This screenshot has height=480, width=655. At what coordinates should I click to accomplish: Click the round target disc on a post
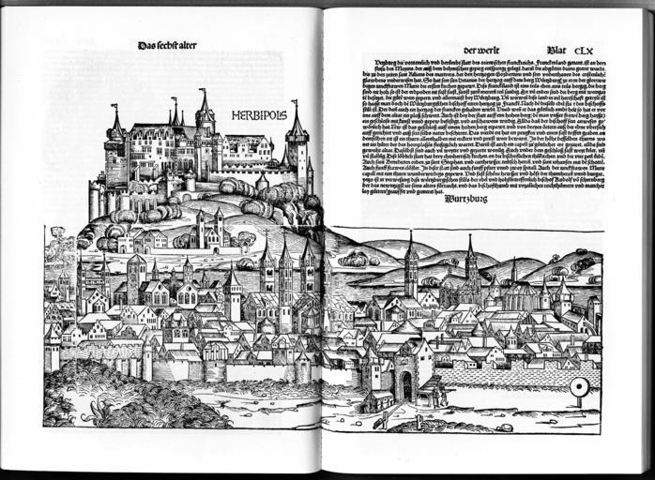(x=580, y=386)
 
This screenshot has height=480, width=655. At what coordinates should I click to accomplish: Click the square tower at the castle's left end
(x=116, y=155)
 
